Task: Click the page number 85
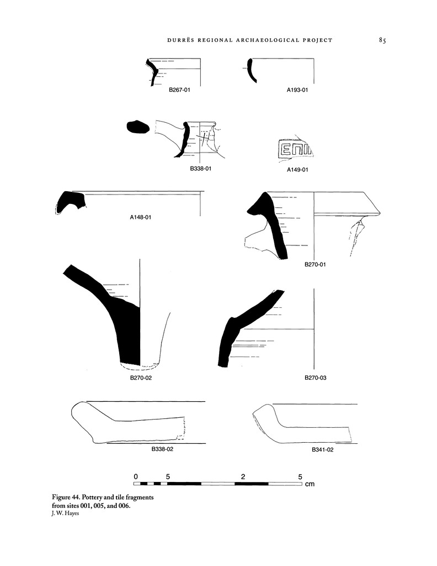(x=382, y=40)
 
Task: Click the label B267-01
(x=179, y=90)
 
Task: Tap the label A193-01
(x=297, y=90)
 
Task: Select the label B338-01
(x=201, y=169)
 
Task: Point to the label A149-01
(x=297, y=170)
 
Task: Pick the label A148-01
(x=141, y=217)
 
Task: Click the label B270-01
(x=315, y=264)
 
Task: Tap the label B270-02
(x=141, y=378)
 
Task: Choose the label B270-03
(x=316, y=378)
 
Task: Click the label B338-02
(x=162, y=449)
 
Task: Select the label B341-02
(x=322, y=450)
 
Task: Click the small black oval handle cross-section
(x=138, y=127)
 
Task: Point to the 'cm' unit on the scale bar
(x=310, y=484)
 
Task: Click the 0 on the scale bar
(x=136, y=476)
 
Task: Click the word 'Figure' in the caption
(x=61, y=497)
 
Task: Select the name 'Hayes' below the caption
(x=72, y=513)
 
